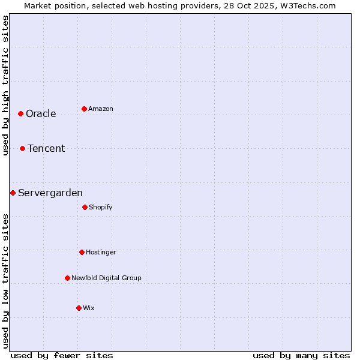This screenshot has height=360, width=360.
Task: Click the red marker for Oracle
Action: (x=20, y=113)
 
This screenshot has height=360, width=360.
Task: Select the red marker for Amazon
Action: (x=84, y=109)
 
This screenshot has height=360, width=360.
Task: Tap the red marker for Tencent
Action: (x=22, y=148)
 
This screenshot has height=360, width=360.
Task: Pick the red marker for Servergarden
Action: (x=13, y=193)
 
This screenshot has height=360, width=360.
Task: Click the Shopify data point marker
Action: (x=85, y=207)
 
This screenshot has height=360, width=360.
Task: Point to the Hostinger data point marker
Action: (x=82, y=252)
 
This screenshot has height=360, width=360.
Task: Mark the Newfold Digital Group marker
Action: (x=67, y=278)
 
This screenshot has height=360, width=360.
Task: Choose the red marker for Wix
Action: (x=79, y=308)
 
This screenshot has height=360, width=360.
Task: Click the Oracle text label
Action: (x=41, y=114)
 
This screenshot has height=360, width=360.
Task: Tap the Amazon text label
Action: (x=101, y=109)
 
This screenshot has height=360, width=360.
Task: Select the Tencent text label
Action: (x=46, y=149)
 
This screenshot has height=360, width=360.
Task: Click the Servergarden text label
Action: (x=50, y=193)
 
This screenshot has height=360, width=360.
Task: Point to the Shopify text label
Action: (x=101, y=208)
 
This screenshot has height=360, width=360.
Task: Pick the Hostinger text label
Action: (x=101, y=253)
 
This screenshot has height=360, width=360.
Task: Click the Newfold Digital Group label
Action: (x=106, y=278)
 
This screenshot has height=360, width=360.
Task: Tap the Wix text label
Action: (x=89, y=308)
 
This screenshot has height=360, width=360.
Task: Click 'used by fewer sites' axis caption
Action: (x=62, y=356)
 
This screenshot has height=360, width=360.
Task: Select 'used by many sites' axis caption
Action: (x=301, y=356)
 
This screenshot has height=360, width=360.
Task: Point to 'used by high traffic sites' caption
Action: (x=5, y=85)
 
